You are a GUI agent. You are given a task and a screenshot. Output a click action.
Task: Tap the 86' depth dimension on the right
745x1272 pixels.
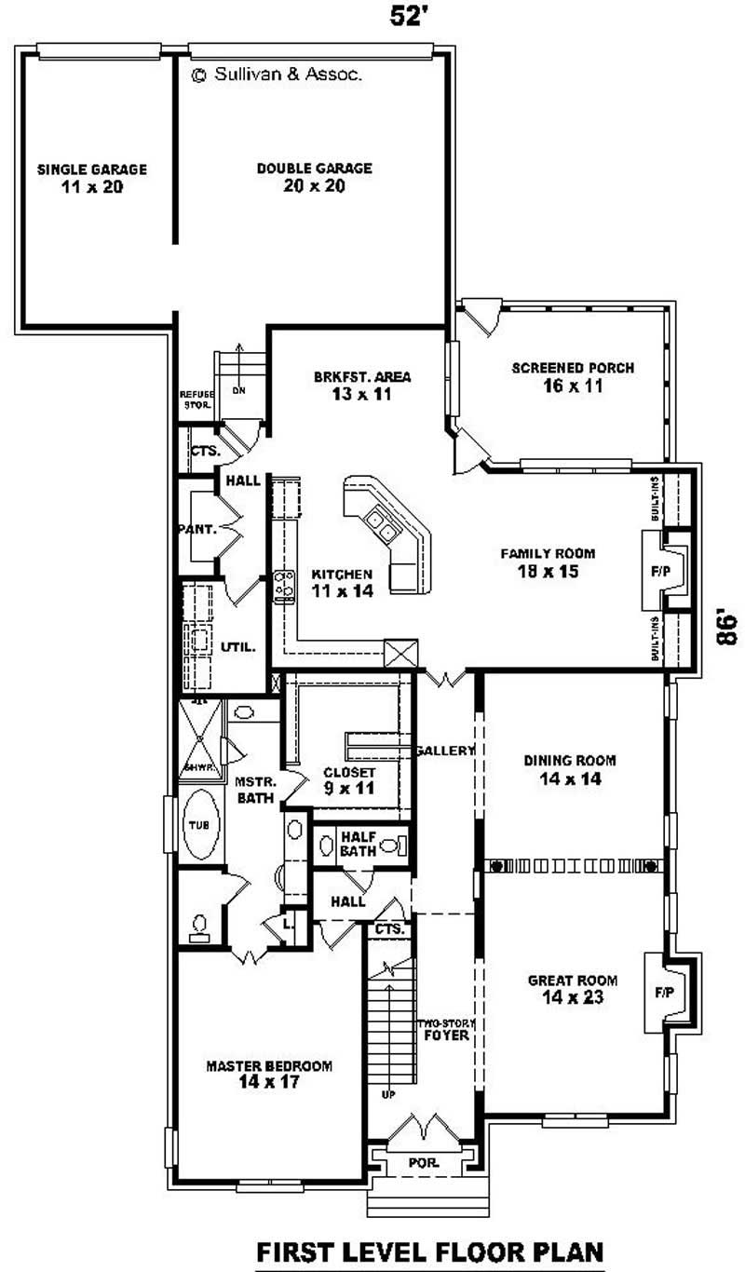pyautogui.click(x=726, y=626)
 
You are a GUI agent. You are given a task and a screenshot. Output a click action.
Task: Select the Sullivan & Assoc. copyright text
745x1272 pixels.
pyautogui.click(x=277, y=76)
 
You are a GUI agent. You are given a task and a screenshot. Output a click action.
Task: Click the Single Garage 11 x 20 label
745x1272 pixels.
pyautogui.click(x=91, y=178)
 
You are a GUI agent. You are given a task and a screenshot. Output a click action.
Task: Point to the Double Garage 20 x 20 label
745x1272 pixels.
pyautogui.click(x=314, y=177)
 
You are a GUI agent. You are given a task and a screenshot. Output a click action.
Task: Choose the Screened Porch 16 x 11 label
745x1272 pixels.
pyautogui.click(x=573, y=376)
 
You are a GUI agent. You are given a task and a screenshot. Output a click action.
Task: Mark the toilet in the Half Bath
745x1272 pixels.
pyautogui.click(x=400, y=846)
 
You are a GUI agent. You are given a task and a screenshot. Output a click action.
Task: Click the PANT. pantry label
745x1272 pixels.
pyautogui.click(x=197, y=530)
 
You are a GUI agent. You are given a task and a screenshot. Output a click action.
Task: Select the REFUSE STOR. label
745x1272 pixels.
pyautogui.click(x=196, y=399)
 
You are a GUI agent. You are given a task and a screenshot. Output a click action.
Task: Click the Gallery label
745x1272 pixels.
pyautogui.click(x=445, y=751)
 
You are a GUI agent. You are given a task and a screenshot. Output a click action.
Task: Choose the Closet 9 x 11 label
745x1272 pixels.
pyautogui.click(x=349, y=780)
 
